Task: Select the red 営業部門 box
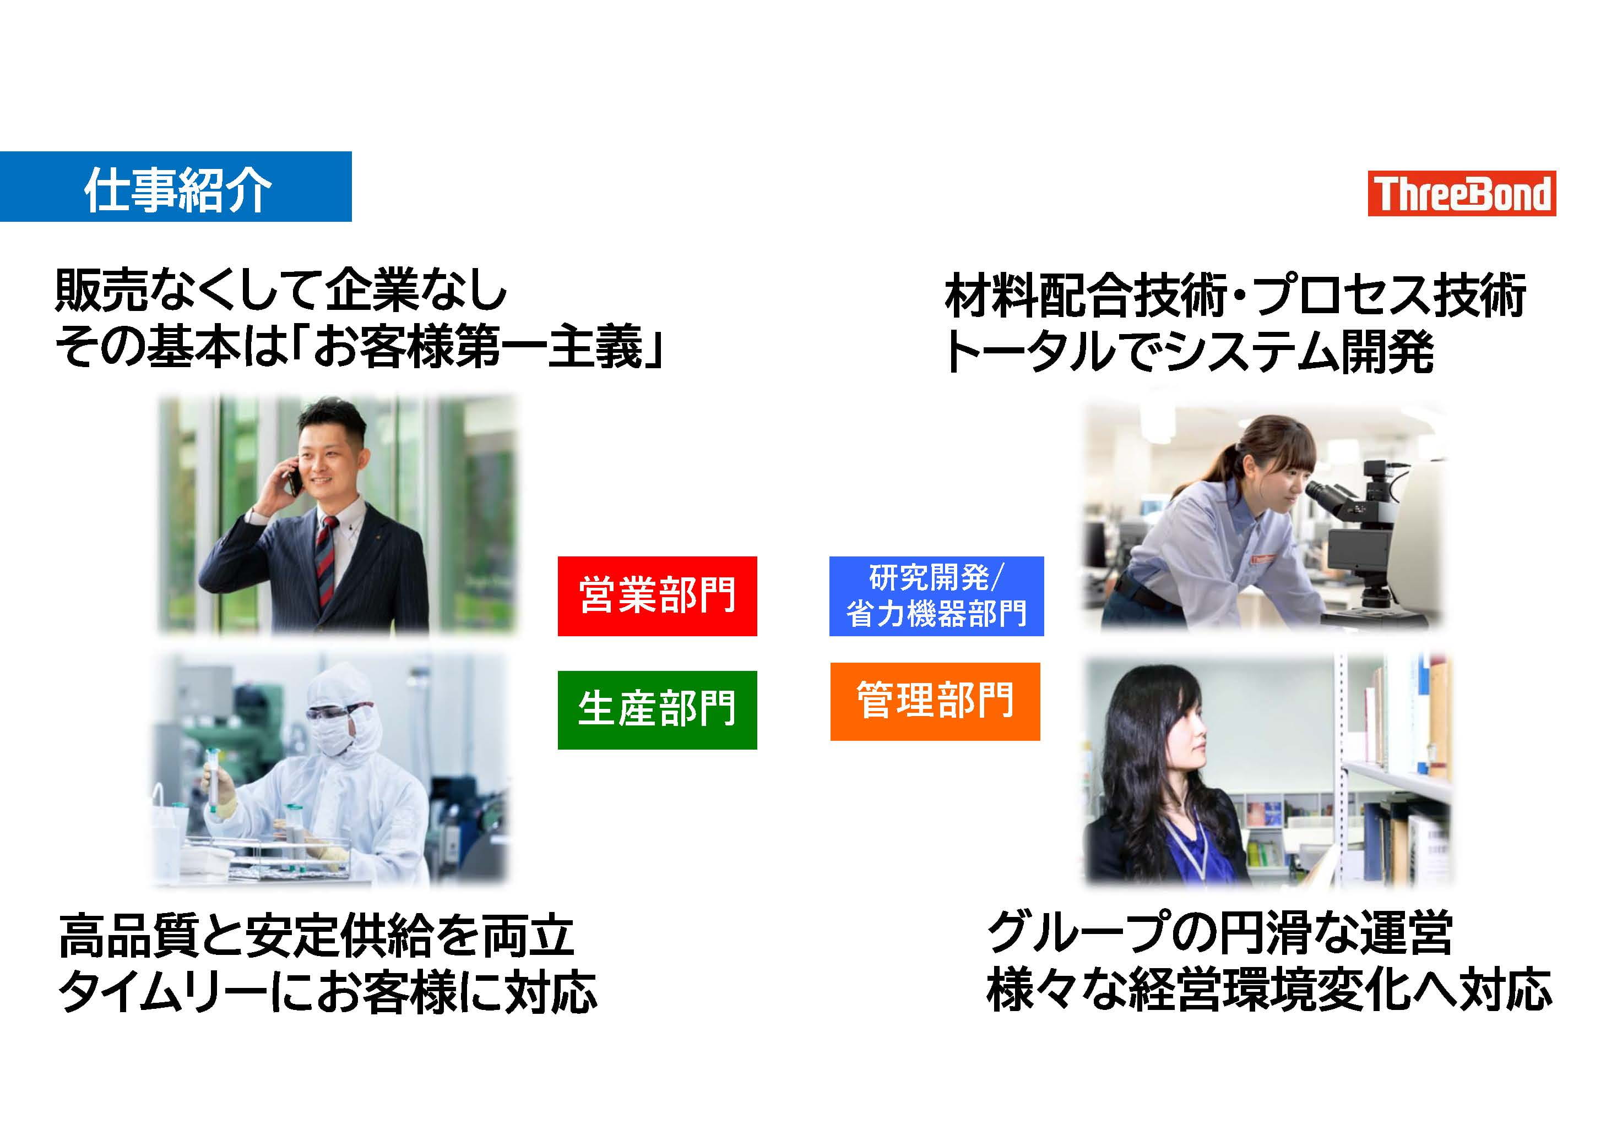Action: point(657,596)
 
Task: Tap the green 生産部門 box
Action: point(657,710)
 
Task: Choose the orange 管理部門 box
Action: point(935,701)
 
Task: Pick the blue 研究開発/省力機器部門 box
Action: point(936,596)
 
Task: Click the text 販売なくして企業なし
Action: point(281,290)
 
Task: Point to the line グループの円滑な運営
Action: point(1219,932)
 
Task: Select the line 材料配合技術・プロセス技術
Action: point(1235,294)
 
